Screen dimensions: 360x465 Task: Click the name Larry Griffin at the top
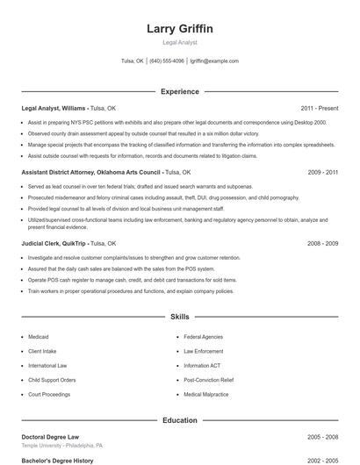pos(179,29)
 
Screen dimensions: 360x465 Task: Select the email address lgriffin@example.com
pos(214,61)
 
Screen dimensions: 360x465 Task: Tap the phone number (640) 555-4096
pos(167,61)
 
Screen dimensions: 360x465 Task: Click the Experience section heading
pos(179,91)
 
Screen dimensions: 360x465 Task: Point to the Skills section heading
pos(179,316)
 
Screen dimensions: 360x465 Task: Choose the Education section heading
pos(179,420)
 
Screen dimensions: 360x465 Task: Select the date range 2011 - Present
pos(319,109)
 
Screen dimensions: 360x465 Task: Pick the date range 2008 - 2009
pos(323,243)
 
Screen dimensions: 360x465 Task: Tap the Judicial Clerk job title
pos(41,243)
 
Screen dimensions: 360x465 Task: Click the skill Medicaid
pos(38,337)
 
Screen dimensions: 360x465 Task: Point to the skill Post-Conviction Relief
pos(208,380)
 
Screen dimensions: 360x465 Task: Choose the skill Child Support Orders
pos(52,380)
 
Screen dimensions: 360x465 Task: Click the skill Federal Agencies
pos(203,337)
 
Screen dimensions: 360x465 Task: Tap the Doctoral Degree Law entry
pos(50,436)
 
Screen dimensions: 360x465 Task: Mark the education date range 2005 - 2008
pos(323,436)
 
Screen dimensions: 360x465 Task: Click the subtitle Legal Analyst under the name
pos(179,42)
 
